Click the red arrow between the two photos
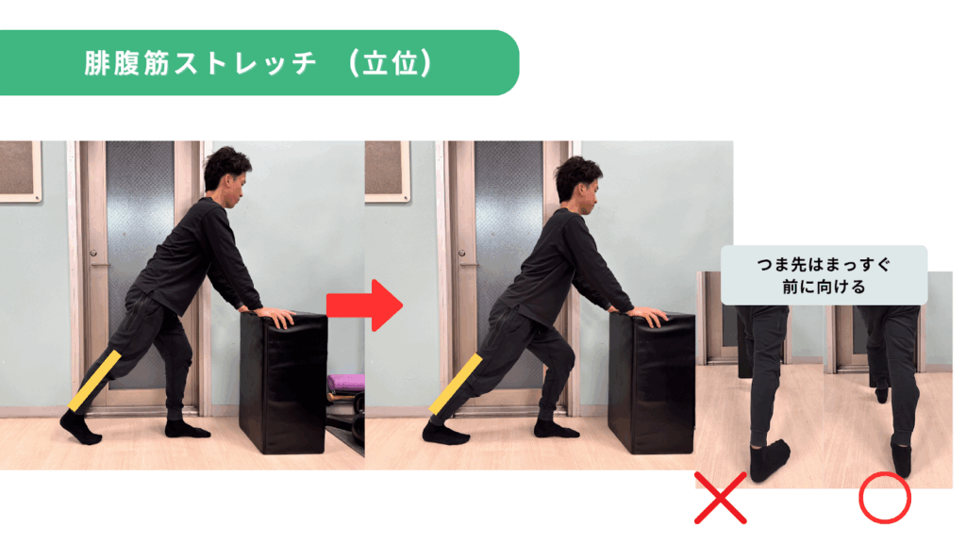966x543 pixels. tap(364, 305)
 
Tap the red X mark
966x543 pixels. tap(720, 498)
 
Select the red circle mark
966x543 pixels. tap(885, 498)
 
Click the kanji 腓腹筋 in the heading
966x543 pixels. tap(126, 63)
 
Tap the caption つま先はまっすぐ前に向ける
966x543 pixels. tap(824, 276)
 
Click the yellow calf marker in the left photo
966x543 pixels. tap(94, 381)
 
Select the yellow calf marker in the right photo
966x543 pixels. tap(456, 385)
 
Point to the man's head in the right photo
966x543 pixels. tap(578, 182)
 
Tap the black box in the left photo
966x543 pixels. tap(283, 382)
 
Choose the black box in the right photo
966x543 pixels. tap(652, 382)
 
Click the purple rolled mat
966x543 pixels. tap(345, 383)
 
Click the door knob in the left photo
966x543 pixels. tap(93, 254)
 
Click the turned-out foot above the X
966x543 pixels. tap(769, 459)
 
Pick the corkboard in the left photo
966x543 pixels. tap(21, 172)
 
